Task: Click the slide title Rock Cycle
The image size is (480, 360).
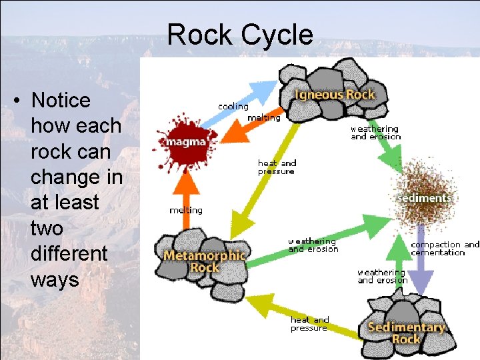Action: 240,35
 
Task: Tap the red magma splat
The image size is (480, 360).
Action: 181,143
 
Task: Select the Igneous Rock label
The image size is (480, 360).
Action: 335,95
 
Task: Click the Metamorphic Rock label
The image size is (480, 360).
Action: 205,261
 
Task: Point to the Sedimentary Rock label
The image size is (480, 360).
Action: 406,333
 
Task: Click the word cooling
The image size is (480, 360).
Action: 233,107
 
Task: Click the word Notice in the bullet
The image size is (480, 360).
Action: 61,101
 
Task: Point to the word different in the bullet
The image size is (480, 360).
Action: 69,253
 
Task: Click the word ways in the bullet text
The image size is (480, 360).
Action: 55,279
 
